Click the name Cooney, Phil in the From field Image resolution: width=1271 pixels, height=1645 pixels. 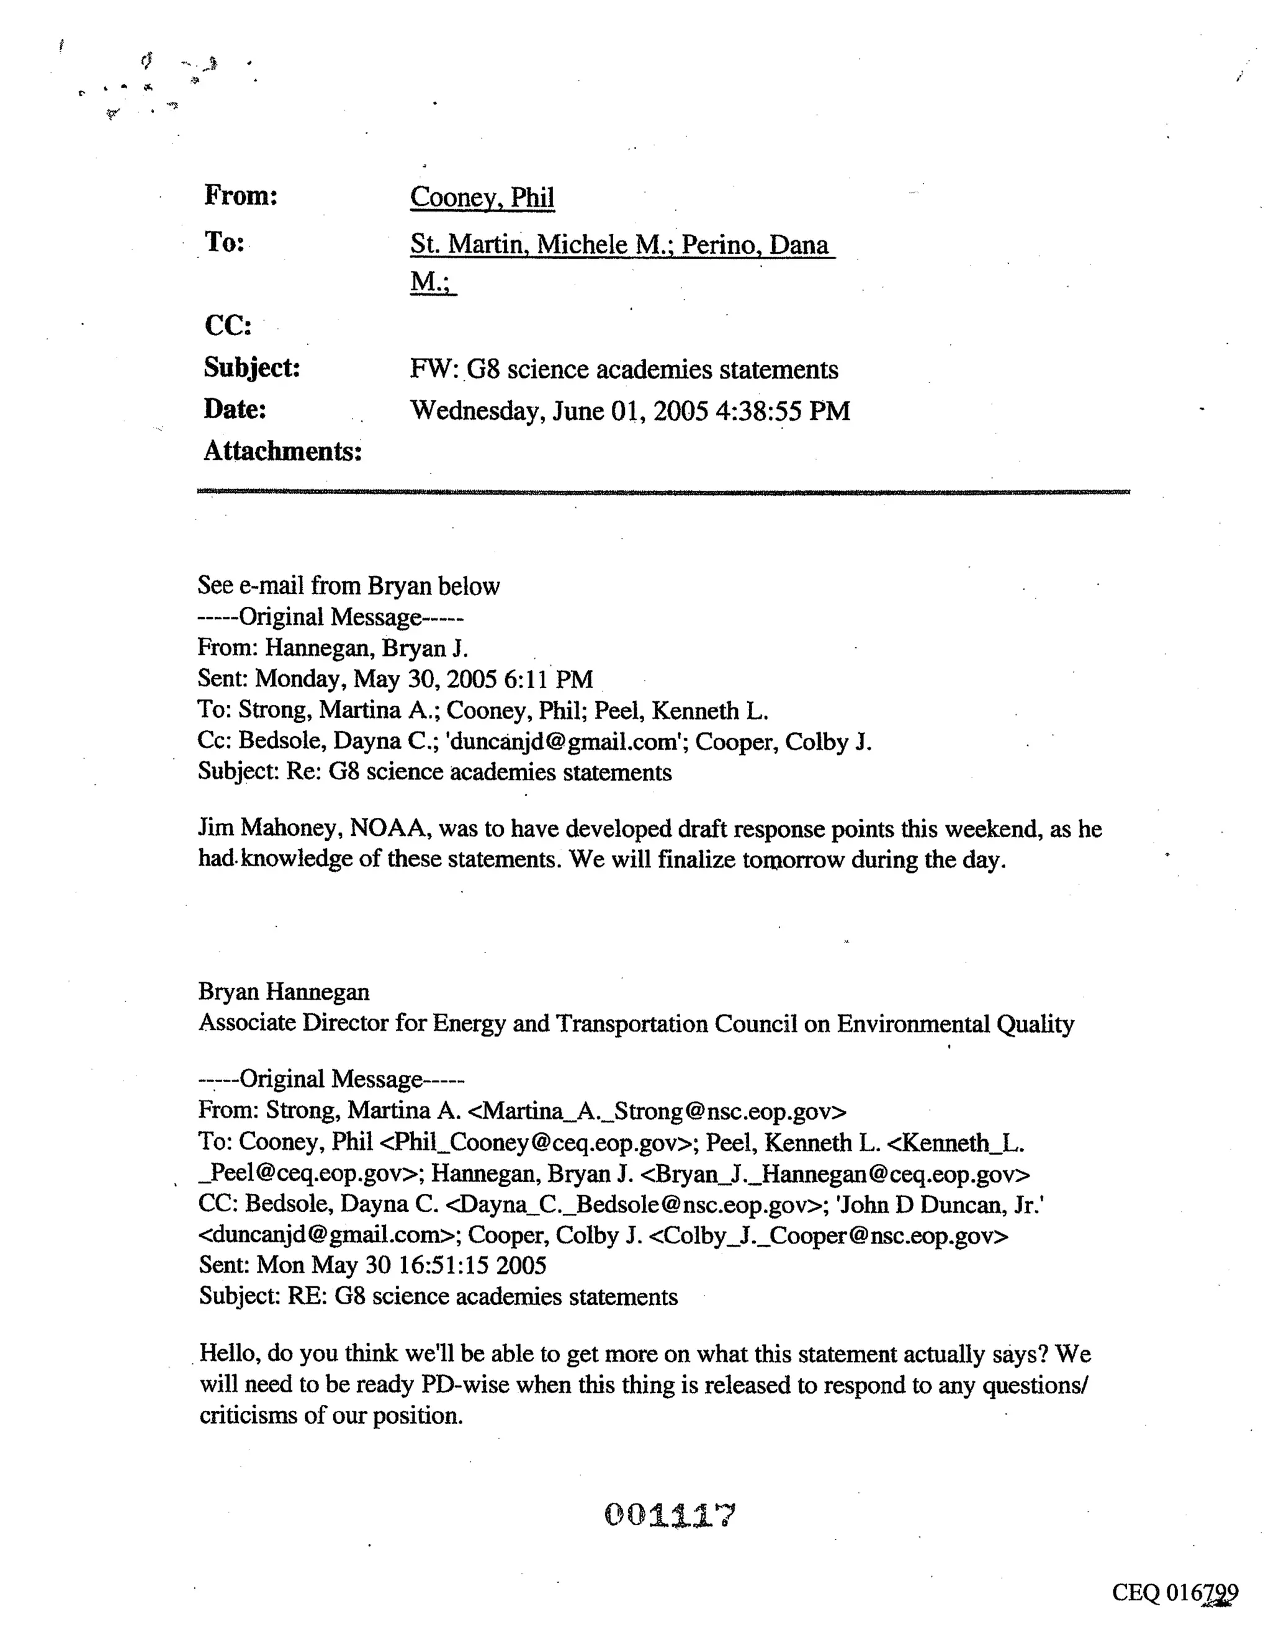482,197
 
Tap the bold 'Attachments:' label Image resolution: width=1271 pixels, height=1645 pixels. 282,451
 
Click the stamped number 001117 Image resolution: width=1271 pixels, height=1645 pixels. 669,1515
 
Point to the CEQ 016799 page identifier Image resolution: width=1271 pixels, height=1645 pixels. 1174,1593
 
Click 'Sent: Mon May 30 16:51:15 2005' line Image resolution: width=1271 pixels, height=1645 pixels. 372,1265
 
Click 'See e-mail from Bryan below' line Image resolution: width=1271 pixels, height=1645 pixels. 348,586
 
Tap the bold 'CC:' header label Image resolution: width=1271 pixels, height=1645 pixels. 228,325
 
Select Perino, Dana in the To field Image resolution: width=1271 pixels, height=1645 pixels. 754,244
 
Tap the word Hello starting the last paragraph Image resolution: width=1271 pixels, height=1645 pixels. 229,1354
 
